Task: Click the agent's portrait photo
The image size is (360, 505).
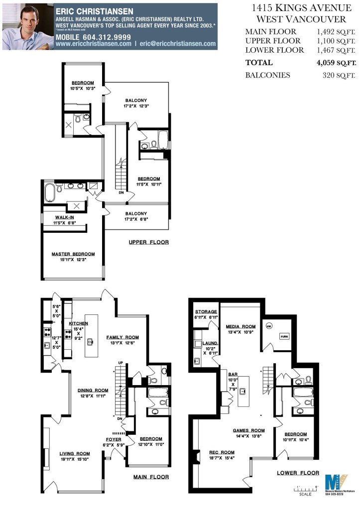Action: pos(27,26)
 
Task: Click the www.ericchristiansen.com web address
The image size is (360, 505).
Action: pos(93,44)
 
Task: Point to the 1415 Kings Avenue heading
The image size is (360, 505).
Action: pos(301,8)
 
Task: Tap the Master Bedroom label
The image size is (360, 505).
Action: pos(73,254)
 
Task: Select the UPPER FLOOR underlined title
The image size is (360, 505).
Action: pos(148,242)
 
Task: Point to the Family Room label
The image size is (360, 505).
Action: pos(122,337)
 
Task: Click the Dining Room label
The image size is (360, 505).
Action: pos(93,391)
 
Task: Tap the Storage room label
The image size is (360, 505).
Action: pos(206,311)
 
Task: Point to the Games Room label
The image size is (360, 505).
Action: pos(248,430)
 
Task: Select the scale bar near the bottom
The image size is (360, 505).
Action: pos(307,489)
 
